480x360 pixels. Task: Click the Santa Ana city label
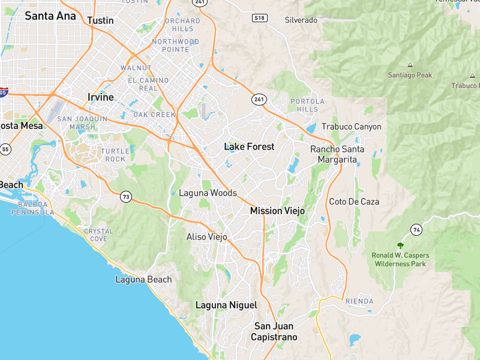(x=50, y=16)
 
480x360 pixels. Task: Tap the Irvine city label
(x=100, y=97)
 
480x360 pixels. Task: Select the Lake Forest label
(x=249, y=146)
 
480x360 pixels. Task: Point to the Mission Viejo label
(x=277, y=211)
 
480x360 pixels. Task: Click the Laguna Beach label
(x=143, y=280)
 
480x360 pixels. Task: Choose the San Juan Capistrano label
(x=274, y=331)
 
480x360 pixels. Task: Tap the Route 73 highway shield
(x=125, y=196)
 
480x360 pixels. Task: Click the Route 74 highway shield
(x=416, y=229)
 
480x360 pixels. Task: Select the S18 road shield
(x=259, y=18)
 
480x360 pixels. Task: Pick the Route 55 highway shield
(x=5, y=149)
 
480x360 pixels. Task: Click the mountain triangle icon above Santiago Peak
(x=410, y=65)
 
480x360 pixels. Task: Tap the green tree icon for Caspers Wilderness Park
(x=400, y=245)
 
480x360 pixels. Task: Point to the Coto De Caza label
(x=354, y=202)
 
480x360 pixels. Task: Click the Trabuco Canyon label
(x=351, y=127)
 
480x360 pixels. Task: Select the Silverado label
(x=301, y=20)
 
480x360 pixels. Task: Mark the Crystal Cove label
(x=98, y=235)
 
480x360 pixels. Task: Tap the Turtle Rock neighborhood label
(x=113, y=155)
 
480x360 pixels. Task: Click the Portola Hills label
(x=307, y=105)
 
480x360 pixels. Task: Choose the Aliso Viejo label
(x=207, y=237)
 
